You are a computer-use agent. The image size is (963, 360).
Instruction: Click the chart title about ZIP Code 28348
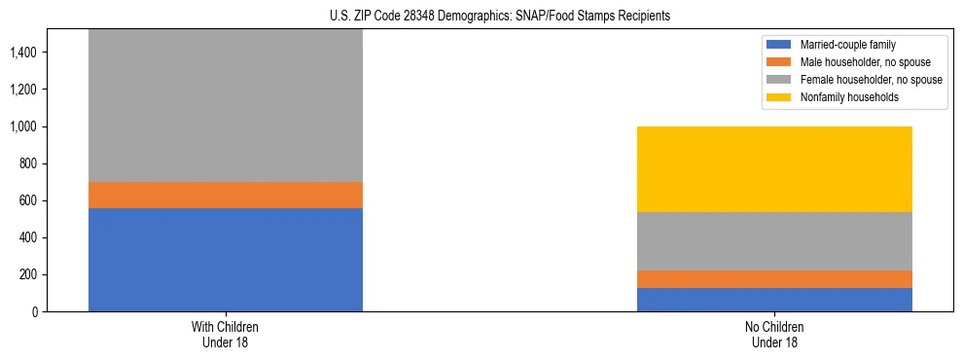[x=481, y=17]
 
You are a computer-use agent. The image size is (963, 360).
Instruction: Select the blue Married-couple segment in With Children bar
[x=226, y=260]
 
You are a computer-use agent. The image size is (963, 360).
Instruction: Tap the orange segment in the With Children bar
[x=226, y=195]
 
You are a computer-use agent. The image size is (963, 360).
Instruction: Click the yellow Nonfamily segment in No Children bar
[x=774, y=169]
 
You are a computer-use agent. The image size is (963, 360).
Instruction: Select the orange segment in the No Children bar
[x=774, y=279]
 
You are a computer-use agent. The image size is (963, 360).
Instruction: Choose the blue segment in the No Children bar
[x=774, y=300]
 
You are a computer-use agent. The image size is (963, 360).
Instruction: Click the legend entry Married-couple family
[x=847, y=45]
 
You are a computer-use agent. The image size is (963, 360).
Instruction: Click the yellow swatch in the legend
[x=779, y=97]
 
